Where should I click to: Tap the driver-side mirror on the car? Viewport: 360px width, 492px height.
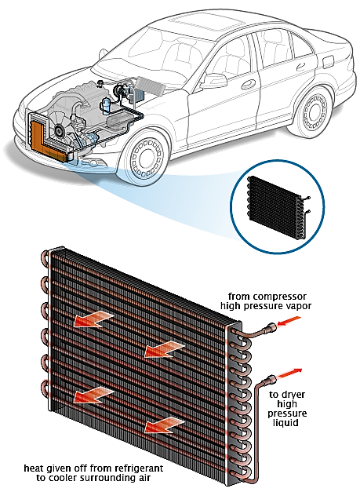(x=214, y=81)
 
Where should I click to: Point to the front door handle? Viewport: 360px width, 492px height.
(x=249, y=84)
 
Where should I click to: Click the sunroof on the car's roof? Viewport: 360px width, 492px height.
(x=201, y=24)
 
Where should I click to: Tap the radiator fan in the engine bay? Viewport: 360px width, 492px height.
(x=60, y=127)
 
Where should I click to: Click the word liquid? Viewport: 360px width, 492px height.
(x=285, y=423)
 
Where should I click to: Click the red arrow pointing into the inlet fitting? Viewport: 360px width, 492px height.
(x=289, y=321)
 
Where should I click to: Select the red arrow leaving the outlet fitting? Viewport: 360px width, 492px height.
(x=289, y=373)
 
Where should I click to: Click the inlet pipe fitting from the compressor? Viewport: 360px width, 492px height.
(x=269, y=328)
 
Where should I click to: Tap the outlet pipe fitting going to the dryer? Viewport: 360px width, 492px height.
(x=271, y=380)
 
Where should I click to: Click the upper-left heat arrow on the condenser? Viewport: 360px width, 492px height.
(x=93, y=321)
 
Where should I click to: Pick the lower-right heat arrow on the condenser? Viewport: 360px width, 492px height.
(x=165, y=425)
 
